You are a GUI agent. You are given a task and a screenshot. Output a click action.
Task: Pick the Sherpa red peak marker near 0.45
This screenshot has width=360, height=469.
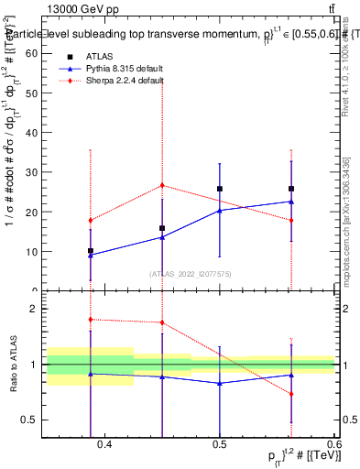162,185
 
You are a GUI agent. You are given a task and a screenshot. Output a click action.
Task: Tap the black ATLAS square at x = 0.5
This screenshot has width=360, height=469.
220,189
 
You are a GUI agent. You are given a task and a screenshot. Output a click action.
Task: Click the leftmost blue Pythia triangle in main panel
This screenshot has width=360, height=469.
91,255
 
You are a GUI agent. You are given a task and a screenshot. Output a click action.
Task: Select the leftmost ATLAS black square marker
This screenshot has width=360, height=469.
91,250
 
